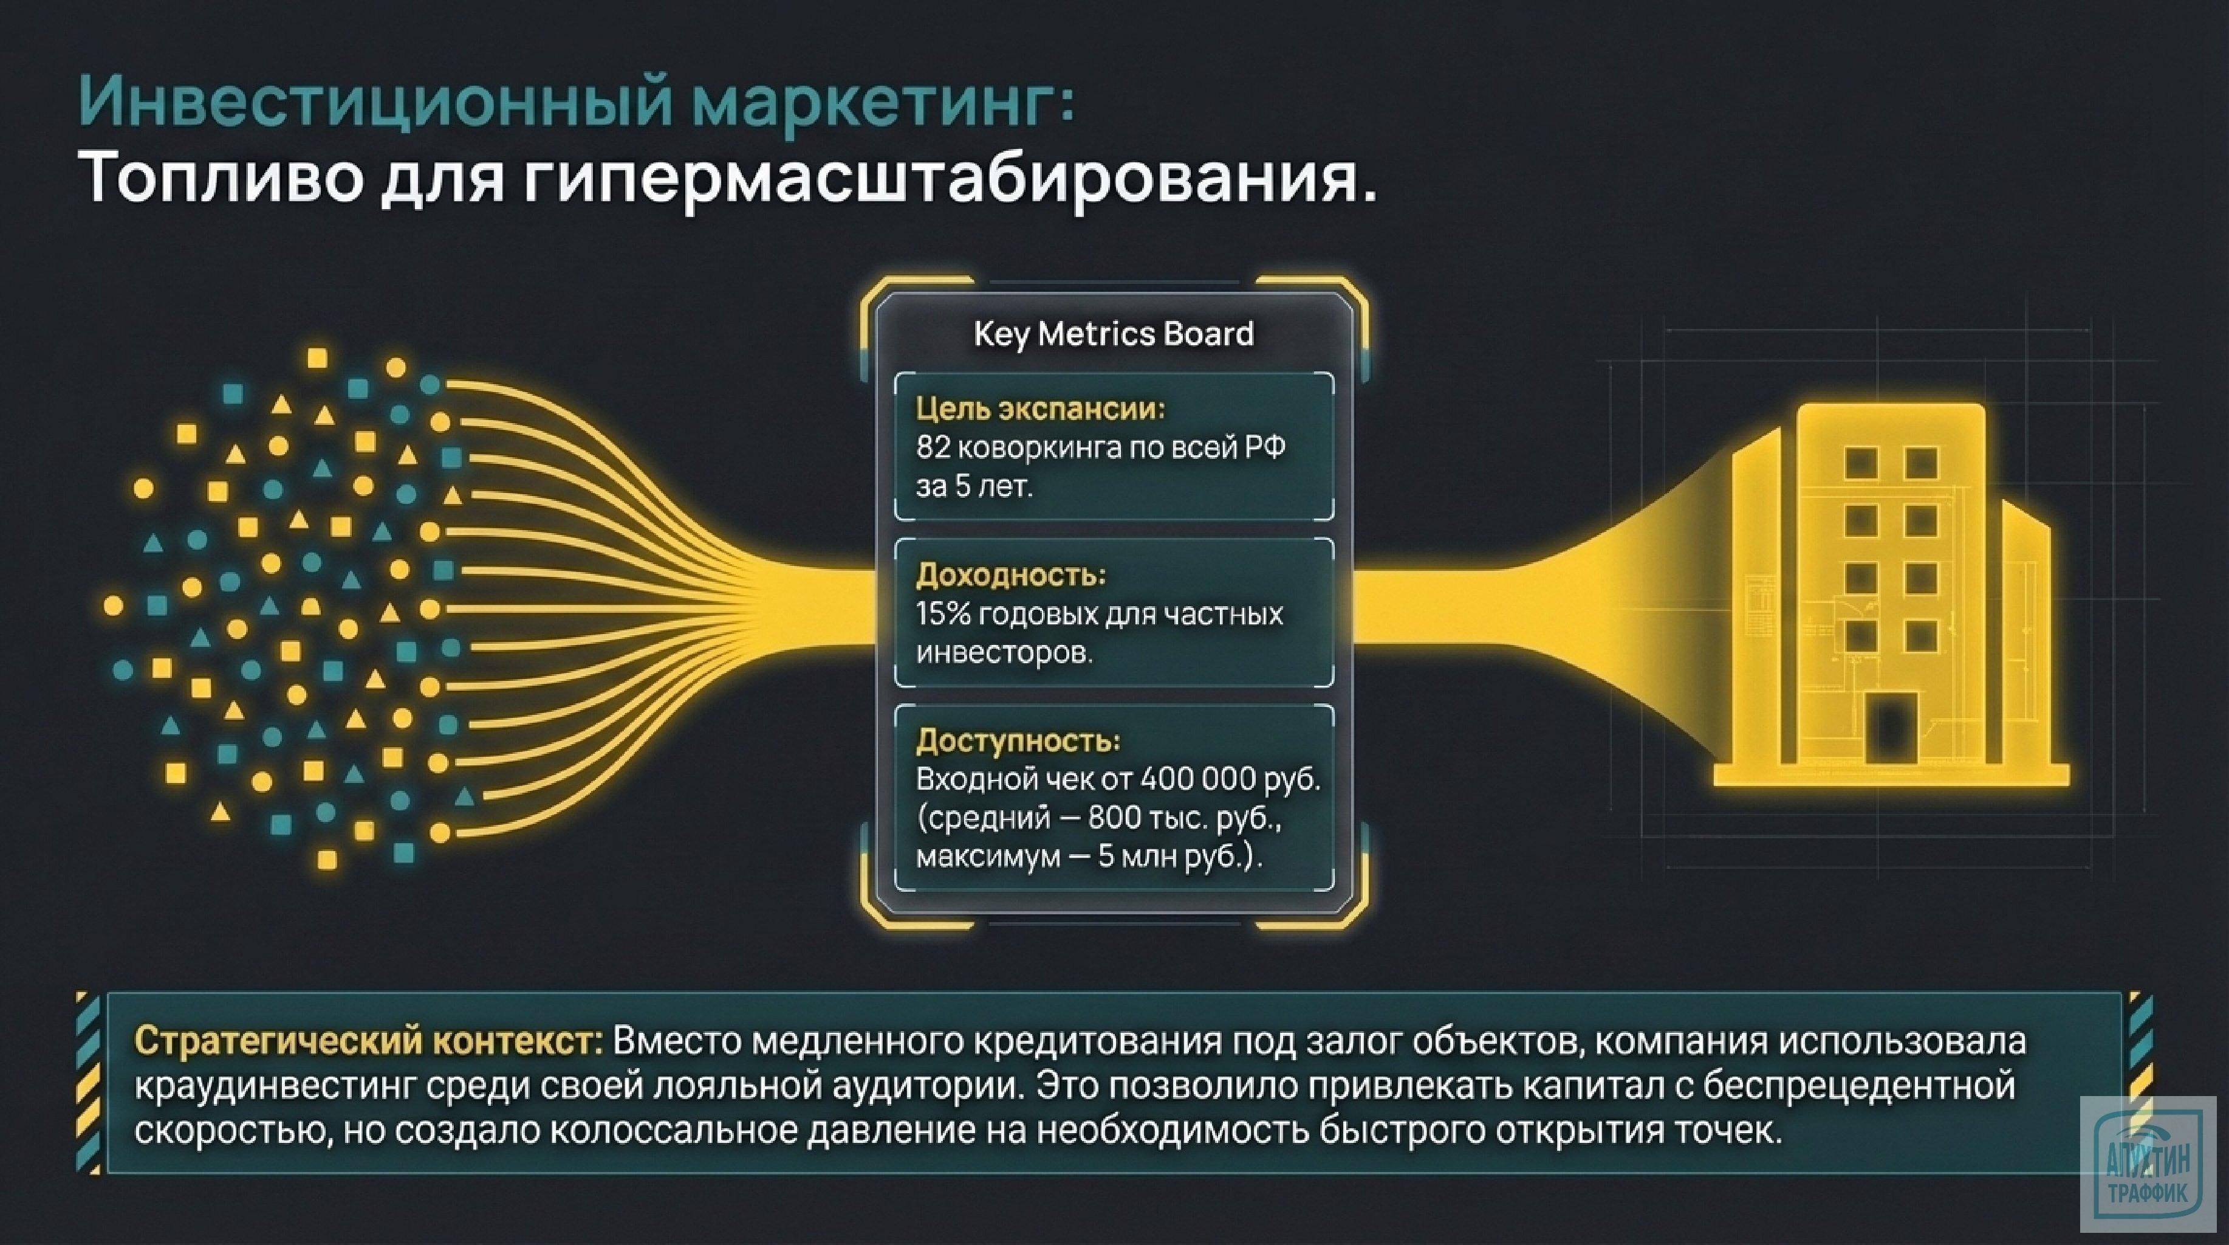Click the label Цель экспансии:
(x=1040, y=409)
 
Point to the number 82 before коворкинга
(x=933, y=447)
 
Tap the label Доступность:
(x=1018, y=741)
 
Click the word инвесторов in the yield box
(x=1004, y=653)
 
